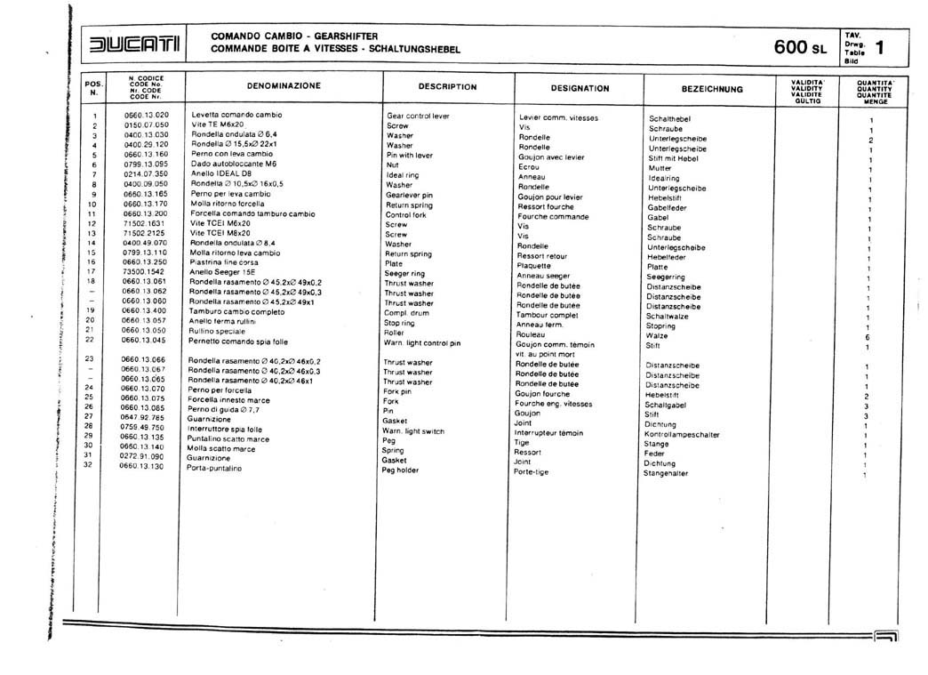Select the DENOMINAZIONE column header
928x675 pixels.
pyautogui.click(x=284, y=86)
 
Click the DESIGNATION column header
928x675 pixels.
pyautogui.click(x=580, y=88)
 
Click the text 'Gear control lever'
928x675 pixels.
pyautogui.click(x=418, y=117)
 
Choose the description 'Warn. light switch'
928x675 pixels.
pyautogui.click(x=413, y=431)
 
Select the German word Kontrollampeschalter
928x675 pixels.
pyautogui.click(x=682, y=435)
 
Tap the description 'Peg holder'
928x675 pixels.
pyautogui.click(x=400, y=470)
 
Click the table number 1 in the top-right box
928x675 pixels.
pyautogui.click(x=879, y=46)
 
